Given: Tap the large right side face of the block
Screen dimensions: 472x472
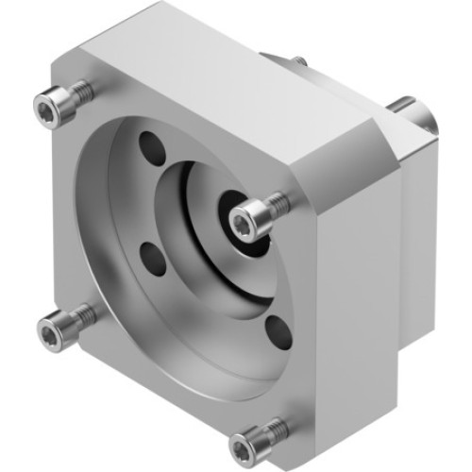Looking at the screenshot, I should [x=349, y=283].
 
